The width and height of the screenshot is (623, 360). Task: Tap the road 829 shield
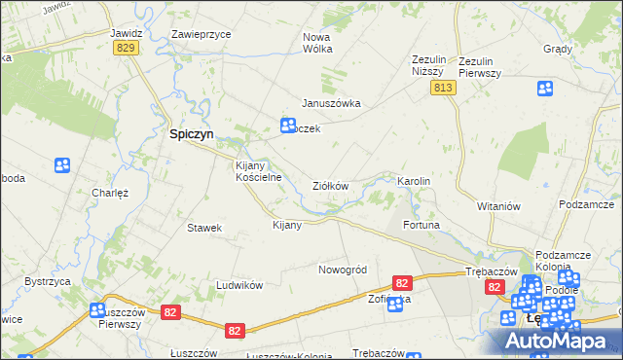coord(124,47)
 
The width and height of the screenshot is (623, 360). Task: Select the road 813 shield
coord(443,88)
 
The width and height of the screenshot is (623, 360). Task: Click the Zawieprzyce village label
coord(201,33)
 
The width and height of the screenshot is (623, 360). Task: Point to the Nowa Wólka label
coord(317,43)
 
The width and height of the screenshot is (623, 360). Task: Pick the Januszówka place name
coord(331,103)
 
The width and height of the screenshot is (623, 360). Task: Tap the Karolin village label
coord(414,182)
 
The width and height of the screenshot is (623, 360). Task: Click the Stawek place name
coord(205,228)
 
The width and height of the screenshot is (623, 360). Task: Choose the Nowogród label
coord(342,270)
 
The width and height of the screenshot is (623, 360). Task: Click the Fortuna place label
coord(422,225)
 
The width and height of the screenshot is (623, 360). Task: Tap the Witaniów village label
coord(499,206)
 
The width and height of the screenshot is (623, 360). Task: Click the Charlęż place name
coord(110,193)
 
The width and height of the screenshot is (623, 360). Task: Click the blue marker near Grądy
coord(545,89)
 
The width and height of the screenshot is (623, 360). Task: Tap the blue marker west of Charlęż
coord(62,165)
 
